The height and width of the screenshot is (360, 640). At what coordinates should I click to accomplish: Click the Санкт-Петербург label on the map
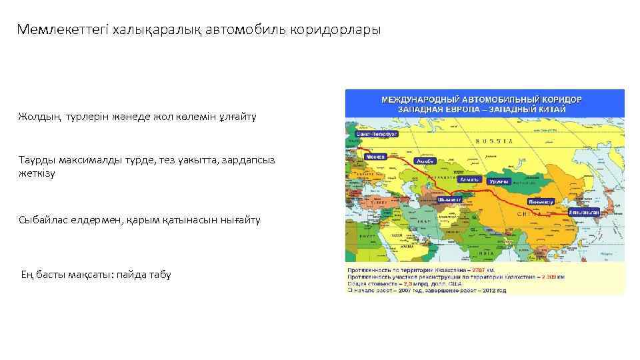[377, 134]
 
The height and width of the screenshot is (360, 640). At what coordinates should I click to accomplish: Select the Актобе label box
[425, 161]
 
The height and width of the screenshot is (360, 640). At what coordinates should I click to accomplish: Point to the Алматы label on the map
[469, 180]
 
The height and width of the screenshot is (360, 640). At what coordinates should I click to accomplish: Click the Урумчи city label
[499, 181]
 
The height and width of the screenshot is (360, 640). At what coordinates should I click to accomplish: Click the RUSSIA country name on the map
[495, 141]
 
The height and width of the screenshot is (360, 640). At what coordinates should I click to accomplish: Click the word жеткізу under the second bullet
[37, 173]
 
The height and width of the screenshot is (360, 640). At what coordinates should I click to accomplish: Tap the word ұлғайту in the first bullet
[237, 117]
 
